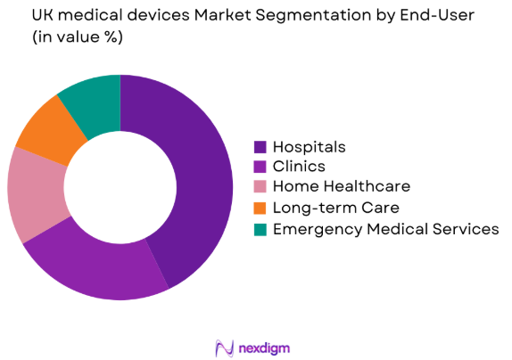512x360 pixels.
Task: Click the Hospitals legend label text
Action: (x=309, y=147)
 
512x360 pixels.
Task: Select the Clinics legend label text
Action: (x=299, y=167)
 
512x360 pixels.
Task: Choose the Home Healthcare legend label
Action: (x=341, y=187)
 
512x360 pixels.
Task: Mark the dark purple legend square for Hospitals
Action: (x=260, y=147)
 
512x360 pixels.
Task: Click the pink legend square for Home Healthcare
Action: (x=260, y=187)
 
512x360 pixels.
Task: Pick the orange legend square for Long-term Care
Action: (x=260, y=208)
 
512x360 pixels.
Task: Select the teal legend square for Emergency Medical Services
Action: (x=260, y=229)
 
